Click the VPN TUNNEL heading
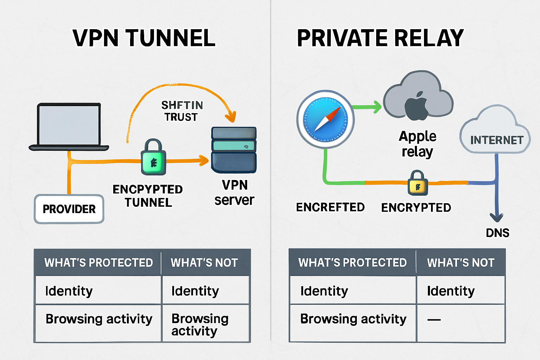(144, 38)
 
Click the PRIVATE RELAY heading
(380, 38)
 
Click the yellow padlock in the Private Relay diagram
(418, 184)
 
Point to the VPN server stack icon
(234, 150)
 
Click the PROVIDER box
(69, 209)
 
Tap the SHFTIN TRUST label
(182, 111)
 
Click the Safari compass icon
(325, 119)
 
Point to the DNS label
(497, 233)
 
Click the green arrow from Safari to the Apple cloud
(367, 107)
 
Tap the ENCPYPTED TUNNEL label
(148, 196)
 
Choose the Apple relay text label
(417, 144)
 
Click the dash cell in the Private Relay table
(434, 320)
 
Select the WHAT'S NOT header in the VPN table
(204, 263)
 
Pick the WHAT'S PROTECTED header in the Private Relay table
(352, 263)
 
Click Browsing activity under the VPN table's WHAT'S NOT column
(200, 324)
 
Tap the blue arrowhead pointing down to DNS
(496, 217)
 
